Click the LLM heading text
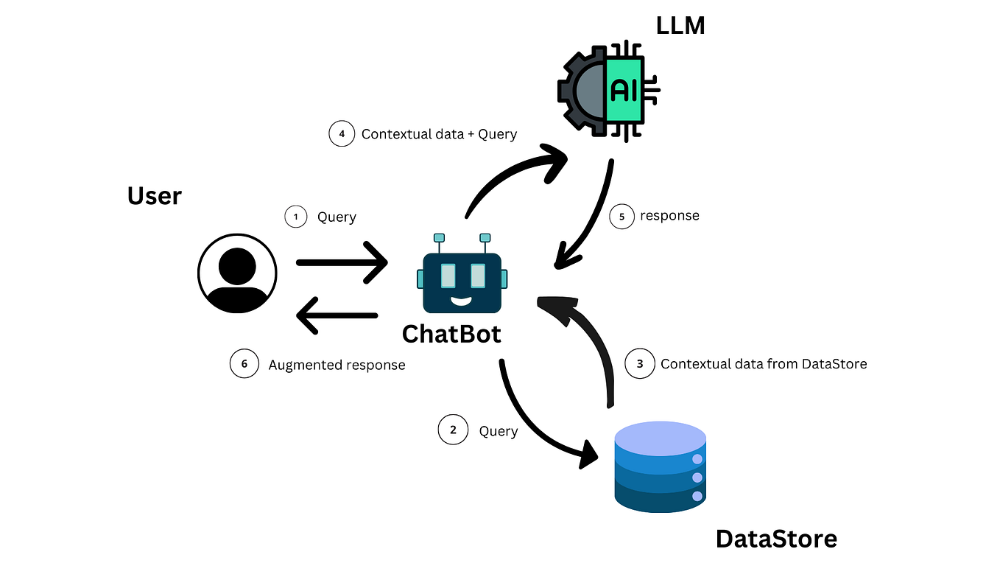coord(680,27)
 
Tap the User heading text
coord(154,196)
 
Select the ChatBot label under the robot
coord(451,334)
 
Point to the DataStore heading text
coord(776,539)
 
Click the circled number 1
coord(296,217)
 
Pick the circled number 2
coord(453,430)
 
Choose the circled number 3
coord(640,363)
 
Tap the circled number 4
coord(342,134)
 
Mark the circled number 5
coord(622,216)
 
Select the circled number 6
coord(244,364)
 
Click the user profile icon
coord(237,273)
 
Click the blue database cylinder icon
coord(661,466)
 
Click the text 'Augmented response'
coord(337,365)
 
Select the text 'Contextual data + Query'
coord(439,134)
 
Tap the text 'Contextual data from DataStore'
coord(764,363)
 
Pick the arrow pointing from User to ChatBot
coord(342,262)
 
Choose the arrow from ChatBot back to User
coord(337,315)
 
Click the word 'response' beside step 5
coord(669,216)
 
